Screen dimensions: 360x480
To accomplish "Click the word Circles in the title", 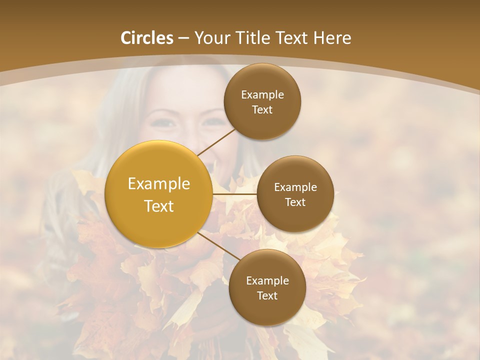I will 146,38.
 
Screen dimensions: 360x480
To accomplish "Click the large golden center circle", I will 159,194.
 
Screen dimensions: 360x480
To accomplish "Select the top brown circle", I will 262,102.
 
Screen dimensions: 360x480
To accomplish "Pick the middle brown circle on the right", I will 295,194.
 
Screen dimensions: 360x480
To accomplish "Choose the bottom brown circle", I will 267,287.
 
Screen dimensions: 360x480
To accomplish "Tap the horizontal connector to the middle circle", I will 234,194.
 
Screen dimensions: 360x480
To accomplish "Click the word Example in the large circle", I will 159,183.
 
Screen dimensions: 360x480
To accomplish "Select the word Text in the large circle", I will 159,206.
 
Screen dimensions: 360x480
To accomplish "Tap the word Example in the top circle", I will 262,95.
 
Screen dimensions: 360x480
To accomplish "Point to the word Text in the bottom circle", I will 267,295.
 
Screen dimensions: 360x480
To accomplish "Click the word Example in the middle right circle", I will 295,187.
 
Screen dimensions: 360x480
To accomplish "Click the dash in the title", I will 183,38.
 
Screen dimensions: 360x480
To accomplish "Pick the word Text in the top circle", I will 262,110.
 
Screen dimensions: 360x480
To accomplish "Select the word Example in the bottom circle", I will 267,281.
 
